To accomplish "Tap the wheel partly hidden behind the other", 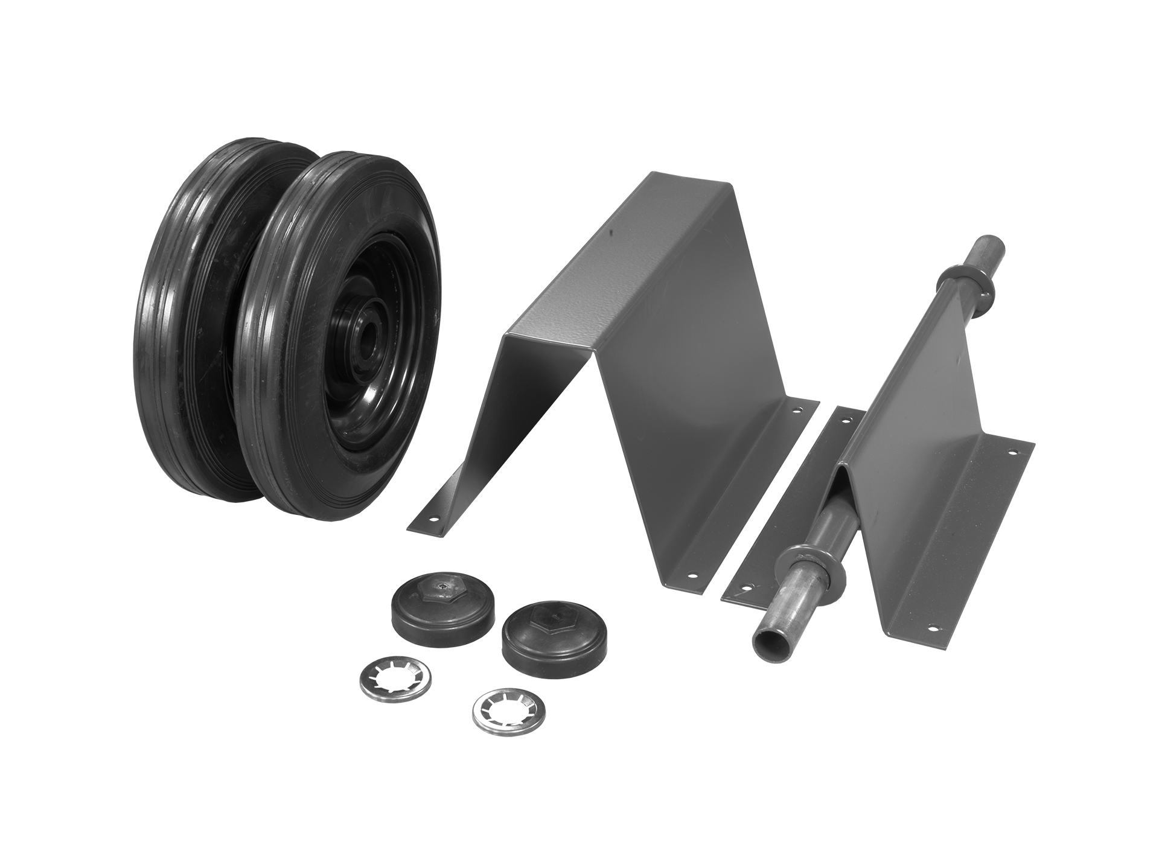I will [x=181, y=314].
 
